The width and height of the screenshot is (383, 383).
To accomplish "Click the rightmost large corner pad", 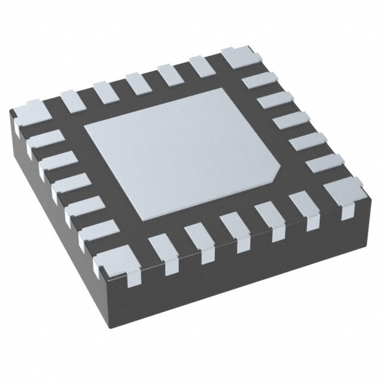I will [x=344, y=191].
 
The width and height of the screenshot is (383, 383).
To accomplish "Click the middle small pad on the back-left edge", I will [x=138, y=81].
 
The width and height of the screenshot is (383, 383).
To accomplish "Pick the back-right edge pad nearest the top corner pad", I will [x=262, y=79].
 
